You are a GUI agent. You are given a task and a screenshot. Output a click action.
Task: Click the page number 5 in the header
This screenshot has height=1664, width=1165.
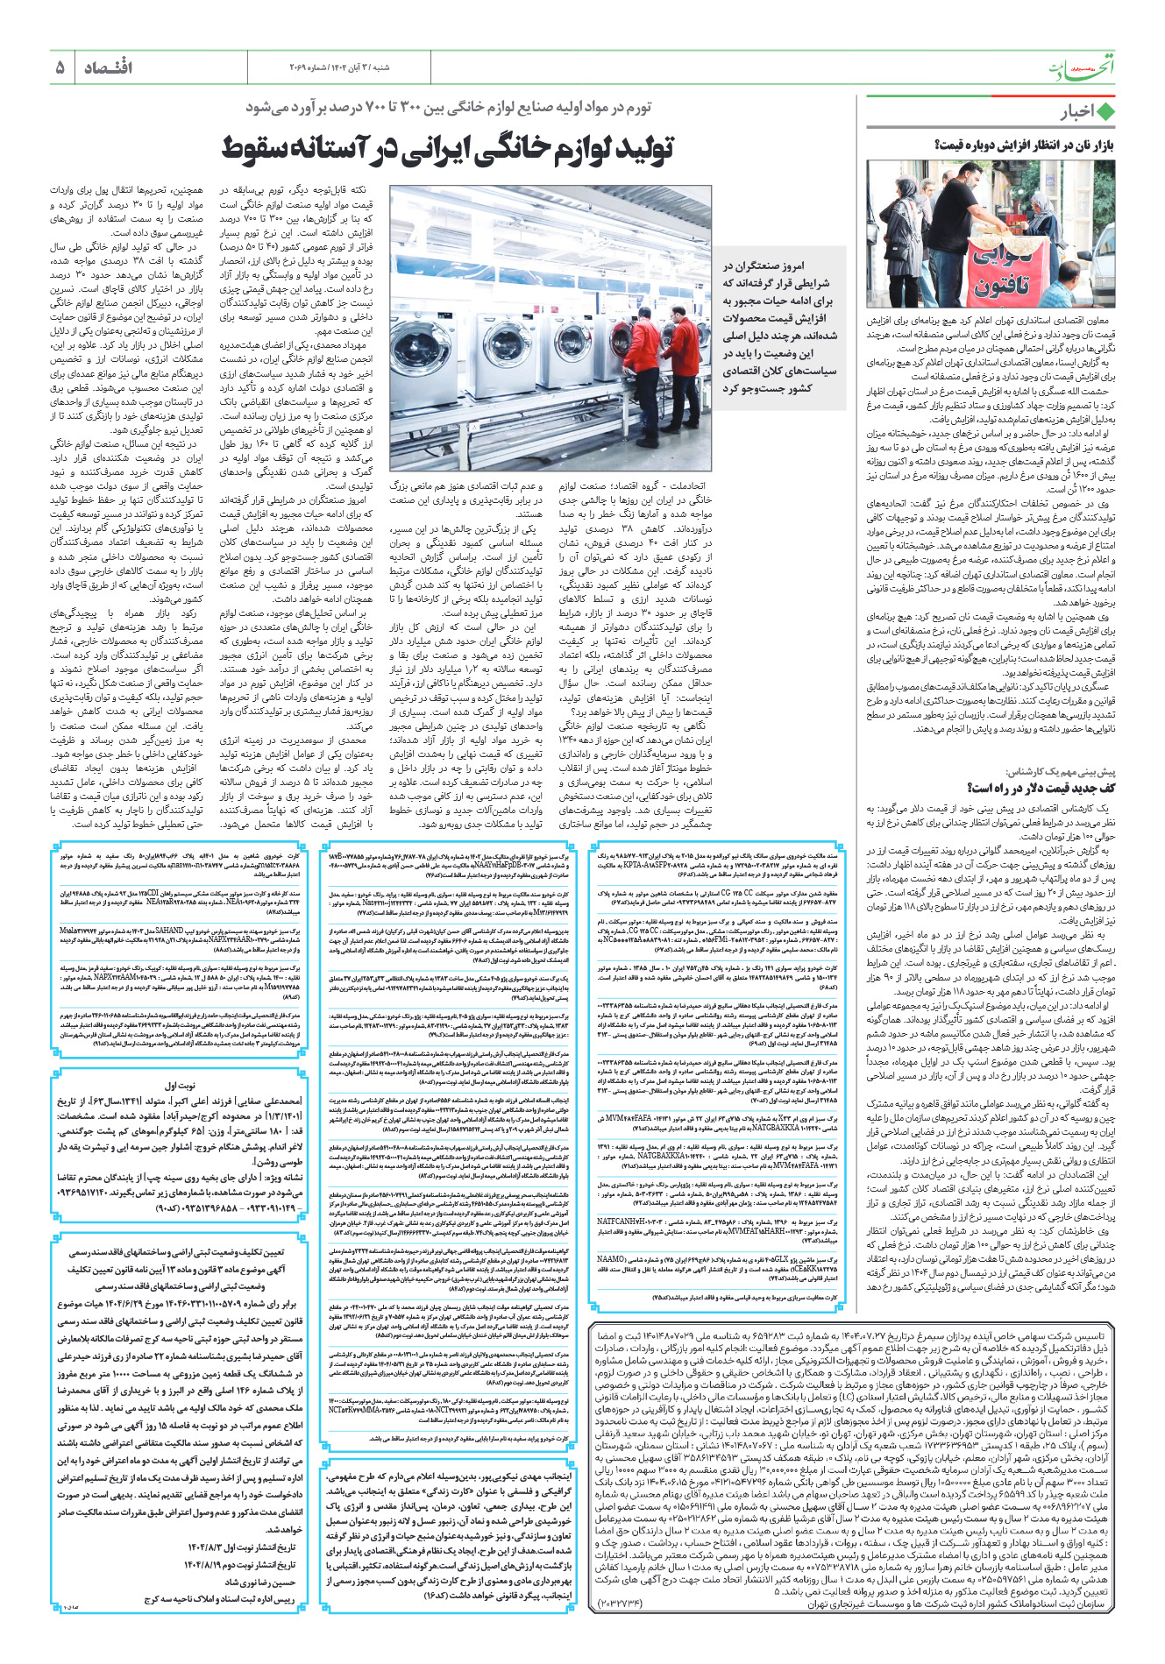pos(60,67)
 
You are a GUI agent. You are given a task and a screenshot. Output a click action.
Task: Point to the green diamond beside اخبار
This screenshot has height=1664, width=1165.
pos(1105,112)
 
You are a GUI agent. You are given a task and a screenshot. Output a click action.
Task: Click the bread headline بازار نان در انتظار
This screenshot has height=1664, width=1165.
pos(1025,145)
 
